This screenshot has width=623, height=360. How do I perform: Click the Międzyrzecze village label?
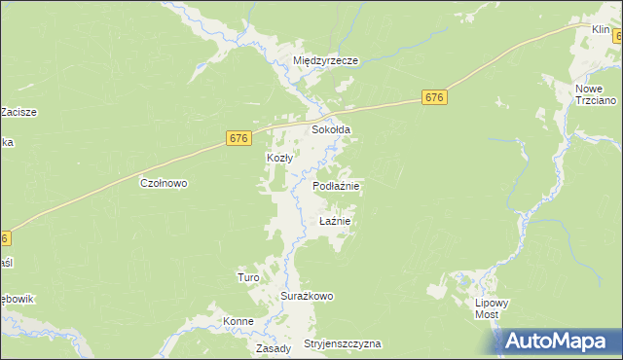click(x=326, y=60)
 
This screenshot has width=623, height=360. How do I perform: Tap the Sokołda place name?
click(x=331, y=129)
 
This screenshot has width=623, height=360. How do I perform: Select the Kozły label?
click(x=280, y=158)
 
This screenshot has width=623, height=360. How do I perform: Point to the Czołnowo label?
click(x=164, y=183)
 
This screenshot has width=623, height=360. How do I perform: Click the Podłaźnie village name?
click(x=337, y=186)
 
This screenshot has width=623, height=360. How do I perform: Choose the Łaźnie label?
click(x=334, y=222)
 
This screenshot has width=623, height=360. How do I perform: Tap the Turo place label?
click(x=247, y=277)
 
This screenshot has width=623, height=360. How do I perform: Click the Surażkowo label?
click(x=308, y=296)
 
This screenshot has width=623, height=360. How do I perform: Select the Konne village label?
click(x=238, y=321)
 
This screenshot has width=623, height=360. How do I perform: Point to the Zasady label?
click(x=274, y=347)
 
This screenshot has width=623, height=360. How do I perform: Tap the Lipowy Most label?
click(x=492, y=309)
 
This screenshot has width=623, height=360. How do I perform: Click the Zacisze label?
click(x=18, y=112)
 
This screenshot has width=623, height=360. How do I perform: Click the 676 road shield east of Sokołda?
click(x=434, y=97)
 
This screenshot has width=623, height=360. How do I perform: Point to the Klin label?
click(x=601, y=31)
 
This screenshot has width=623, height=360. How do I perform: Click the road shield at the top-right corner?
click(x=618, y=34)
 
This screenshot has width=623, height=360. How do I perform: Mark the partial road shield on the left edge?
click(x=5, y=237)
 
